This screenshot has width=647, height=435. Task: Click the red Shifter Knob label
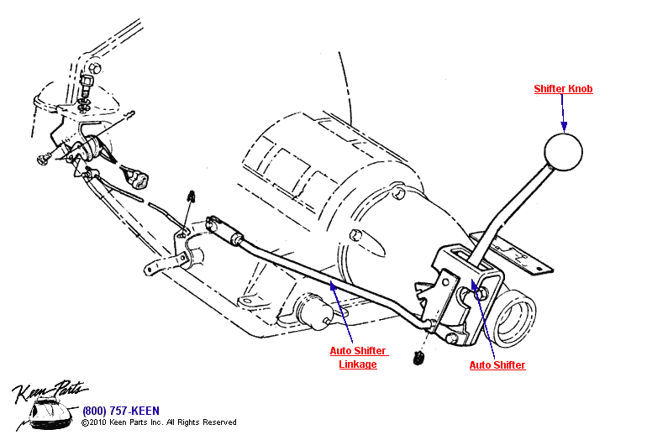coord(564,89)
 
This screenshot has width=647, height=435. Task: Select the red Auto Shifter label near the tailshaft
coord(497,365)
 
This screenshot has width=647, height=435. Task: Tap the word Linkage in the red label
coord(357,364)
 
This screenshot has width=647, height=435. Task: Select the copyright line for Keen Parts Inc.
coord(159,422)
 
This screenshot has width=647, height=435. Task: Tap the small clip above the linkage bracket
coord(192,198)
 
